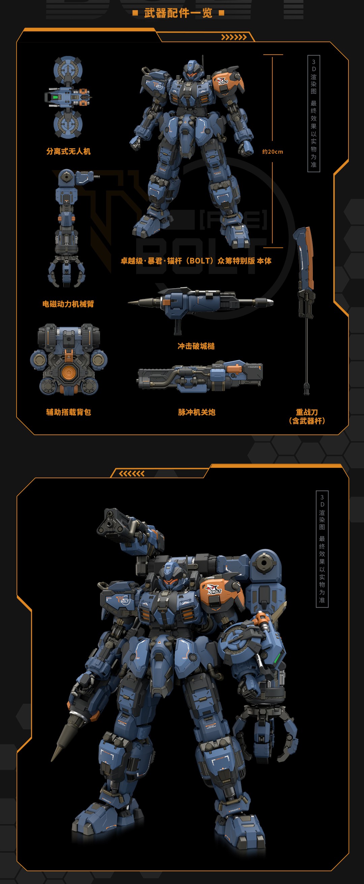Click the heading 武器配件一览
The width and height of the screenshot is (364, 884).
178,13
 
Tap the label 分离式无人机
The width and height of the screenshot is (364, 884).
68,151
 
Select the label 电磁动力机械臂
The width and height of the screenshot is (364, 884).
68,304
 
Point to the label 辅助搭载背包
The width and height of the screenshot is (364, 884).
68,412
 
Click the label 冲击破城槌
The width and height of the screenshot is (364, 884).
196,346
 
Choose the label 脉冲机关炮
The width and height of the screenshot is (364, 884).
196,412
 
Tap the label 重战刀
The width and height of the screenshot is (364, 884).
307,412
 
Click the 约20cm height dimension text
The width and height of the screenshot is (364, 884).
272,152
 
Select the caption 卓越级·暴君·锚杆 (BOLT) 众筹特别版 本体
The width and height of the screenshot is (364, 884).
196,261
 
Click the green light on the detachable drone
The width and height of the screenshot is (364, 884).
55,97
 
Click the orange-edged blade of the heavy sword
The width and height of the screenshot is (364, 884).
309,254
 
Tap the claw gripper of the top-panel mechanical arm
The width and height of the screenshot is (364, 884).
66,273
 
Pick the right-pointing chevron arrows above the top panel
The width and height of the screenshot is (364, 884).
234,37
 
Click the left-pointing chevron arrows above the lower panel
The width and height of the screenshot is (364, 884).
131,474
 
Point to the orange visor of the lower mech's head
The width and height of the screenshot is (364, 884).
171,582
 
